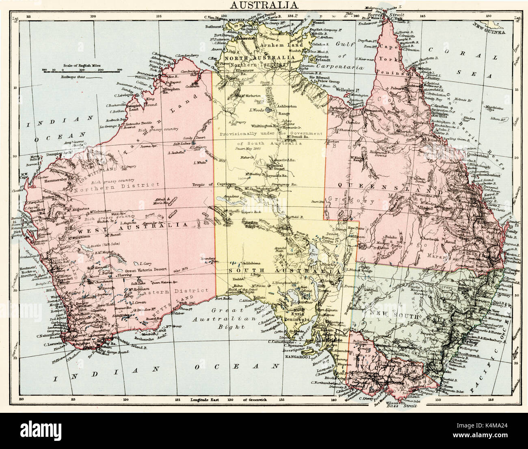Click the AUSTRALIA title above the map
coord(264,5)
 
